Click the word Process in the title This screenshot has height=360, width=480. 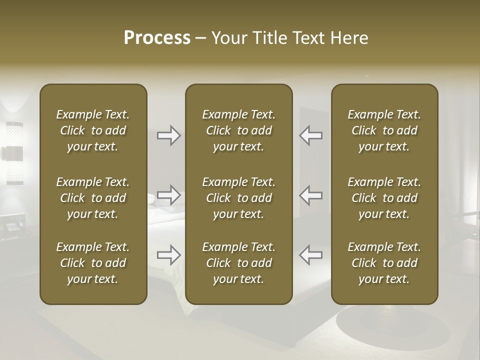(x=157, y=38)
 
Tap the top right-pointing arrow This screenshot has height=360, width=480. (x=169, y=135)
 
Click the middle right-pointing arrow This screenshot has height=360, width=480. (x=169, y=195)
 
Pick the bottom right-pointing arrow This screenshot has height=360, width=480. (x=169, y=254)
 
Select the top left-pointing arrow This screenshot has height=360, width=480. (x=310, y=135)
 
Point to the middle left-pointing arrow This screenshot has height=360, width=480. (x=310, y=195)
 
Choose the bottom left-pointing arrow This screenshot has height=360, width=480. (x=310, y=254)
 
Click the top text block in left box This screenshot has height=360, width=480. (x=93, y=130)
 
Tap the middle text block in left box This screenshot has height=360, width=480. (x=93, y=198)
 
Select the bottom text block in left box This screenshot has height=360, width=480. (x=93, y=263)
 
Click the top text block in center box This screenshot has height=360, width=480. (x=239, y=130)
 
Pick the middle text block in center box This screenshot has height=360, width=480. (x=239, y=198)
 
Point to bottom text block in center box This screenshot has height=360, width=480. (x=239, y=263)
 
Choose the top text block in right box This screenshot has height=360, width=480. (x=384, y=130)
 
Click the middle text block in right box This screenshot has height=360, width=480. (x=384, y=198)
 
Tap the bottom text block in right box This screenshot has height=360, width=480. (x=384, y=263)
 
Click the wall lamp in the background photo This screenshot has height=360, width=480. (x=14, y=152)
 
